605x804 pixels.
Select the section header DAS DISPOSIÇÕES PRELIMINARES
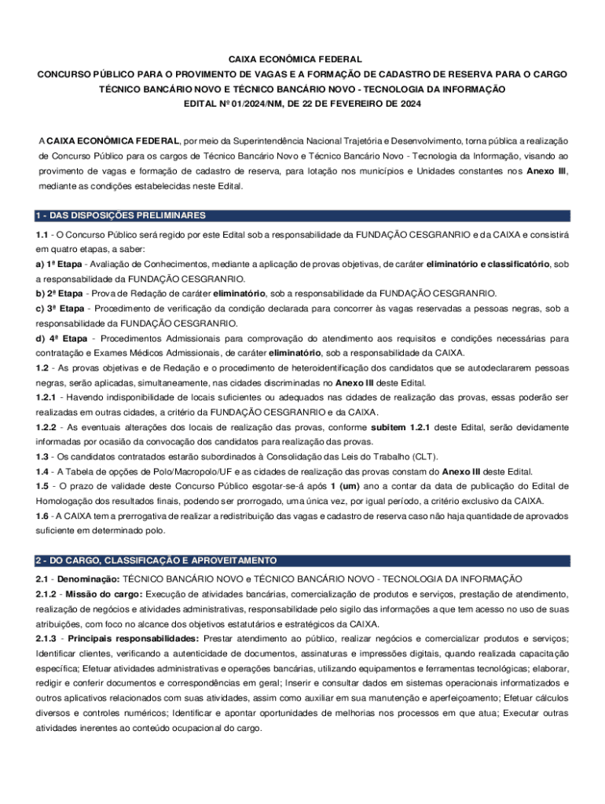pyautogui.click(x=126, y=215)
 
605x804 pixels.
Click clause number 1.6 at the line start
pyautogui.click(x=43, y=516)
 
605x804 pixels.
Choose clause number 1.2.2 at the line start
pyautogui.click(x=47, y=427)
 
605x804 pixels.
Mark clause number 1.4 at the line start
pyautogui.click(x=43, y=472)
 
